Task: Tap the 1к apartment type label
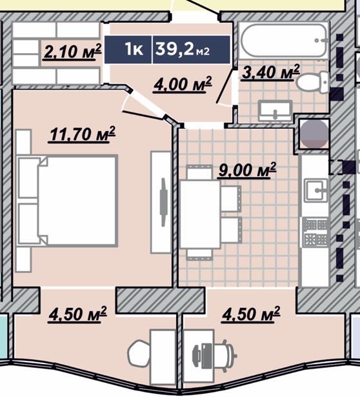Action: pos(134,49)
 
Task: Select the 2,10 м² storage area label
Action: pos(72,52)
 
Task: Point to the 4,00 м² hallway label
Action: pos(182,85)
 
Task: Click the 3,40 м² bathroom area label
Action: pos(270,72)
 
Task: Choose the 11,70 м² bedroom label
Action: pos(82,134)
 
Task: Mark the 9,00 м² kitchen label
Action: pos(246,170)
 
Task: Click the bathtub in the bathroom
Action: pos(284,41)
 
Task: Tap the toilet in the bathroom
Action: pos(313,81)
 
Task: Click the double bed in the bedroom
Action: pos(68,201)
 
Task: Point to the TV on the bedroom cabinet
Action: pos(164,202)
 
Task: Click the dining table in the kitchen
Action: pos(200,214)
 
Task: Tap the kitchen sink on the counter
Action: pos(315,190)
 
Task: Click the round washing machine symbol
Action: pos(314,134)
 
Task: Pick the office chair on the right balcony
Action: pos(215,355)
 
